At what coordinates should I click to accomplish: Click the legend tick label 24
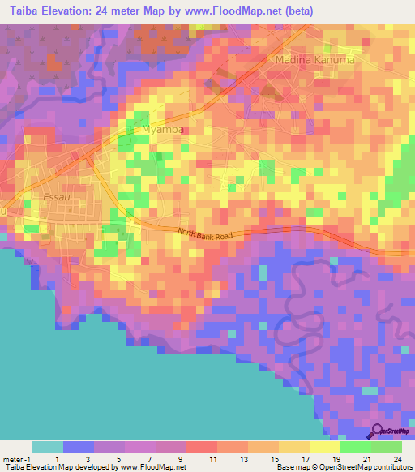(398, 459)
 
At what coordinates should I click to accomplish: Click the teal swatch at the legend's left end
(47, 447)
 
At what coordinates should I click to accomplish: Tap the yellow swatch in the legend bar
(324, 447)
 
